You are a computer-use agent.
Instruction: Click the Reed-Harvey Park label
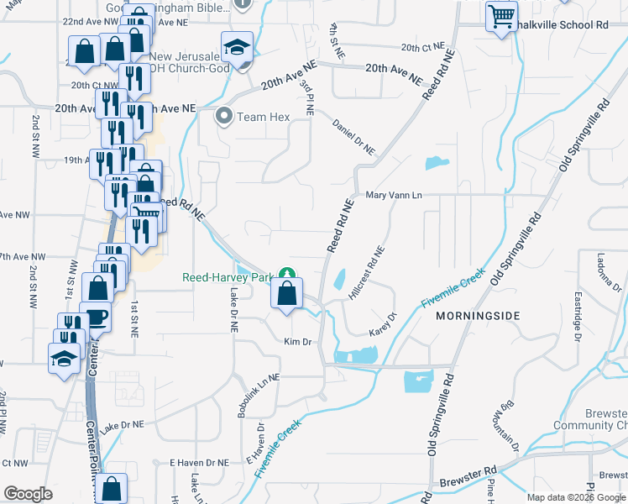pyautogui.click(x=229, y=276)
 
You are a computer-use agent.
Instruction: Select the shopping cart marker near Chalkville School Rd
pyautogui.click(x=501, y=17)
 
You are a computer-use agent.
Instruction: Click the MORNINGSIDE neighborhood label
pyautogui.click(x=478, y=315)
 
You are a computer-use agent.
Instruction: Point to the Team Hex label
pyautogui.click(x=263, y=117)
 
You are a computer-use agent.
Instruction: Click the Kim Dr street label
pyautogui.click(x=298, y=342)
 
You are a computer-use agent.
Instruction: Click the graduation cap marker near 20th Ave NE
pyautogui.click(x=237, y=47)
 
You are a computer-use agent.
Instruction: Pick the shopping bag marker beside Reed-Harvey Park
pyautogui.click(x=287, y=294)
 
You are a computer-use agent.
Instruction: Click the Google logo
pyautogui.click(x=29, y=494)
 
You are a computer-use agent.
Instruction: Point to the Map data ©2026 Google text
pyautogui.click(x=576, y=497)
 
